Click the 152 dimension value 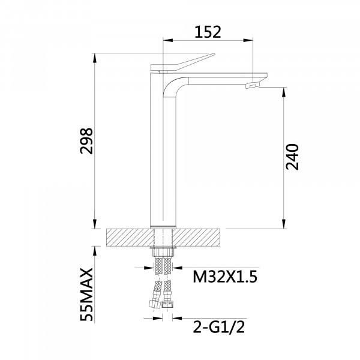click(x=208, y=32)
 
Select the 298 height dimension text click(x=86, y=141)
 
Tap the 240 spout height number click(x=292, y=157)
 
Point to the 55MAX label click(x=86, y=295)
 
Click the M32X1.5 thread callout click(x=225, y=277)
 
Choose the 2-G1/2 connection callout click(x=218, y=327)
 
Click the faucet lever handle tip click(x=214, y=54)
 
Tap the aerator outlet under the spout click(x=253, y=86)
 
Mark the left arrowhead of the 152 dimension click(x=167, y=40)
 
